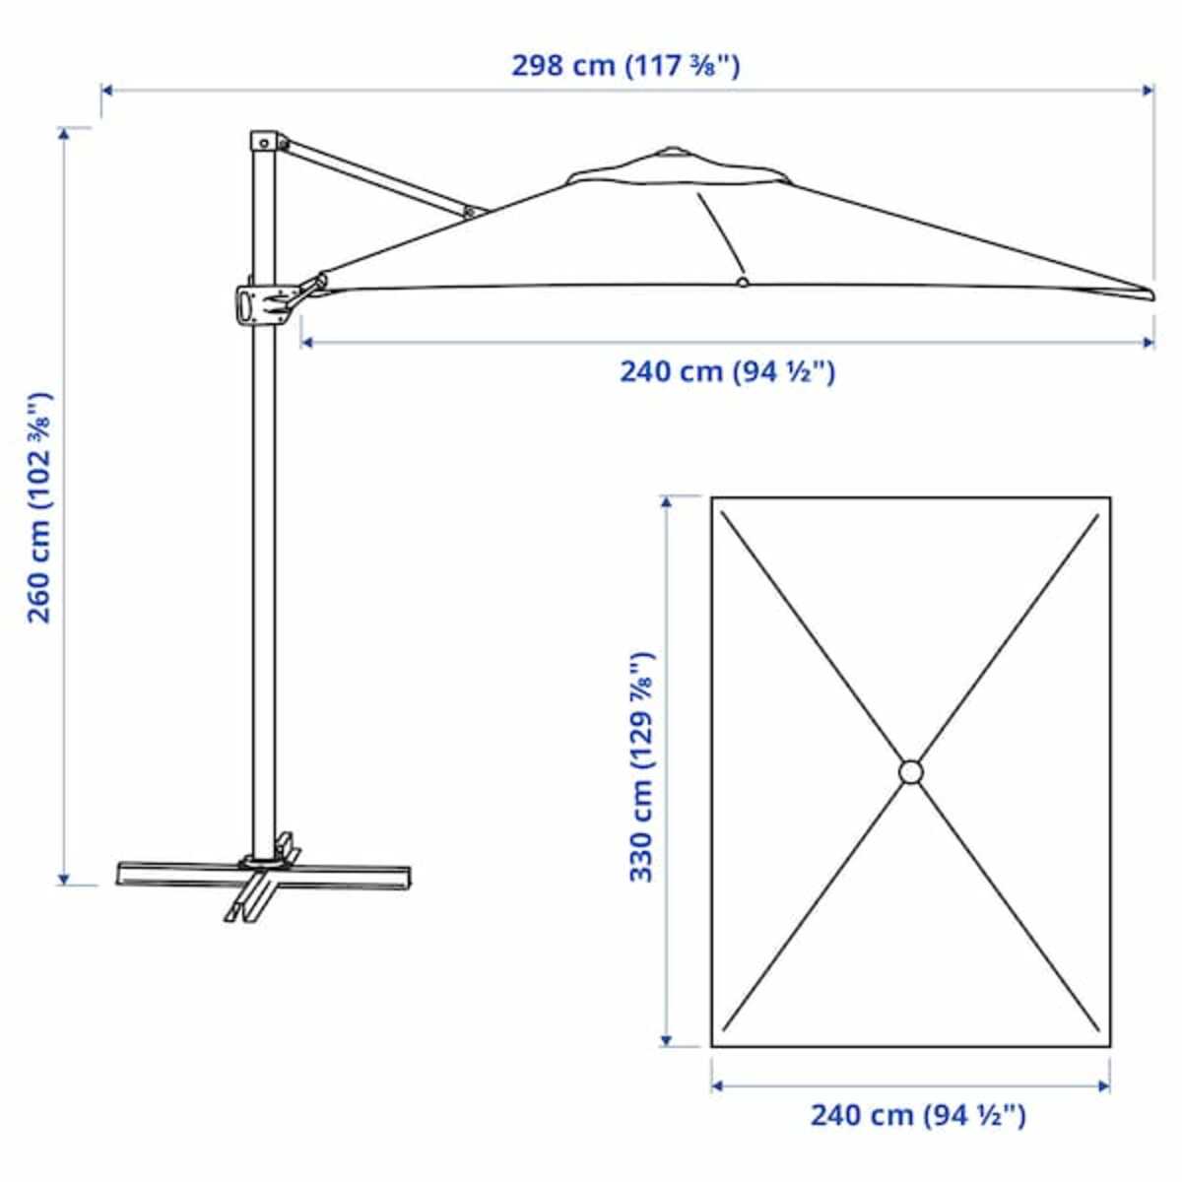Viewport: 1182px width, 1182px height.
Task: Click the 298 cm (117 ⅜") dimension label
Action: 625,65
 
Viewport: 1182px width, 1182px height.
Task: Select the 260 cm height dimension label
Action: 40,508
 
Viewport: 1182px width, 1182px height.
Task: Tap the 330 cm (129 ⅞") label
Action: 641,766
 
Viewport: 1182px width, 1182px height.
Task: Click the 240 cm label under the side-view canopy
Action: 728,371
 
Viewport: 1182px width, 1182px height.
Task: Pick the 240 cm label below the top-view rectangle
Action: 918,1114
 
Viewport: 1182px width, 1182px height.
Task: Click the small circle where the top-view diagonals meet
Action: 911,771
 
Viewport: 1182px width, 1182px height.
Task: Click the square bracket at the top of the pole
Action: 264,142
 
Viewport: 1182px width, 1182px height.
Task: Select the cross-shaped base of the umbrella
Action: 264,879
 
